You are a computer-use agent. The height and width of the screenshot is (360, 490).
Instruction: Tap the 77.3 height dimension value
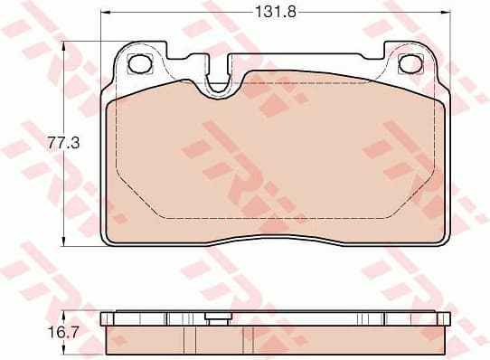point(59,142)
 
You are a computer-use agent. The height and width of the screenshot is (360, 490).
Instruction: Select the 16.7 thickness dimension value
point(58,333)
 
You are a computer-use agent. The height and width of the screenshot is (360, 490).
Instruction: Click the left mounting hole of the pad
point(140,64)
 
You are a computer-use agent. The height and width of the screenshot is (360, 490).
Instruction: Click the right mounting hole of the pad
point(411,64)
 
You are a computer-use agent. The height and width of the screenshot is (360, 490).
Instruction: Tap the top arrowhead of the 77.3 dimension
point(63,45)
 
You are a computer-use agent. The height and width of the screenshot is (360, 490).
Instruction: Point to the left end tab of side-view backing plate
point(106,317)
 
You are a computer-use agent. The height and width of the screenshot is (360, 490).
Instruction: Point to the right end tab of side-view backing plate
point(447,317)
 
